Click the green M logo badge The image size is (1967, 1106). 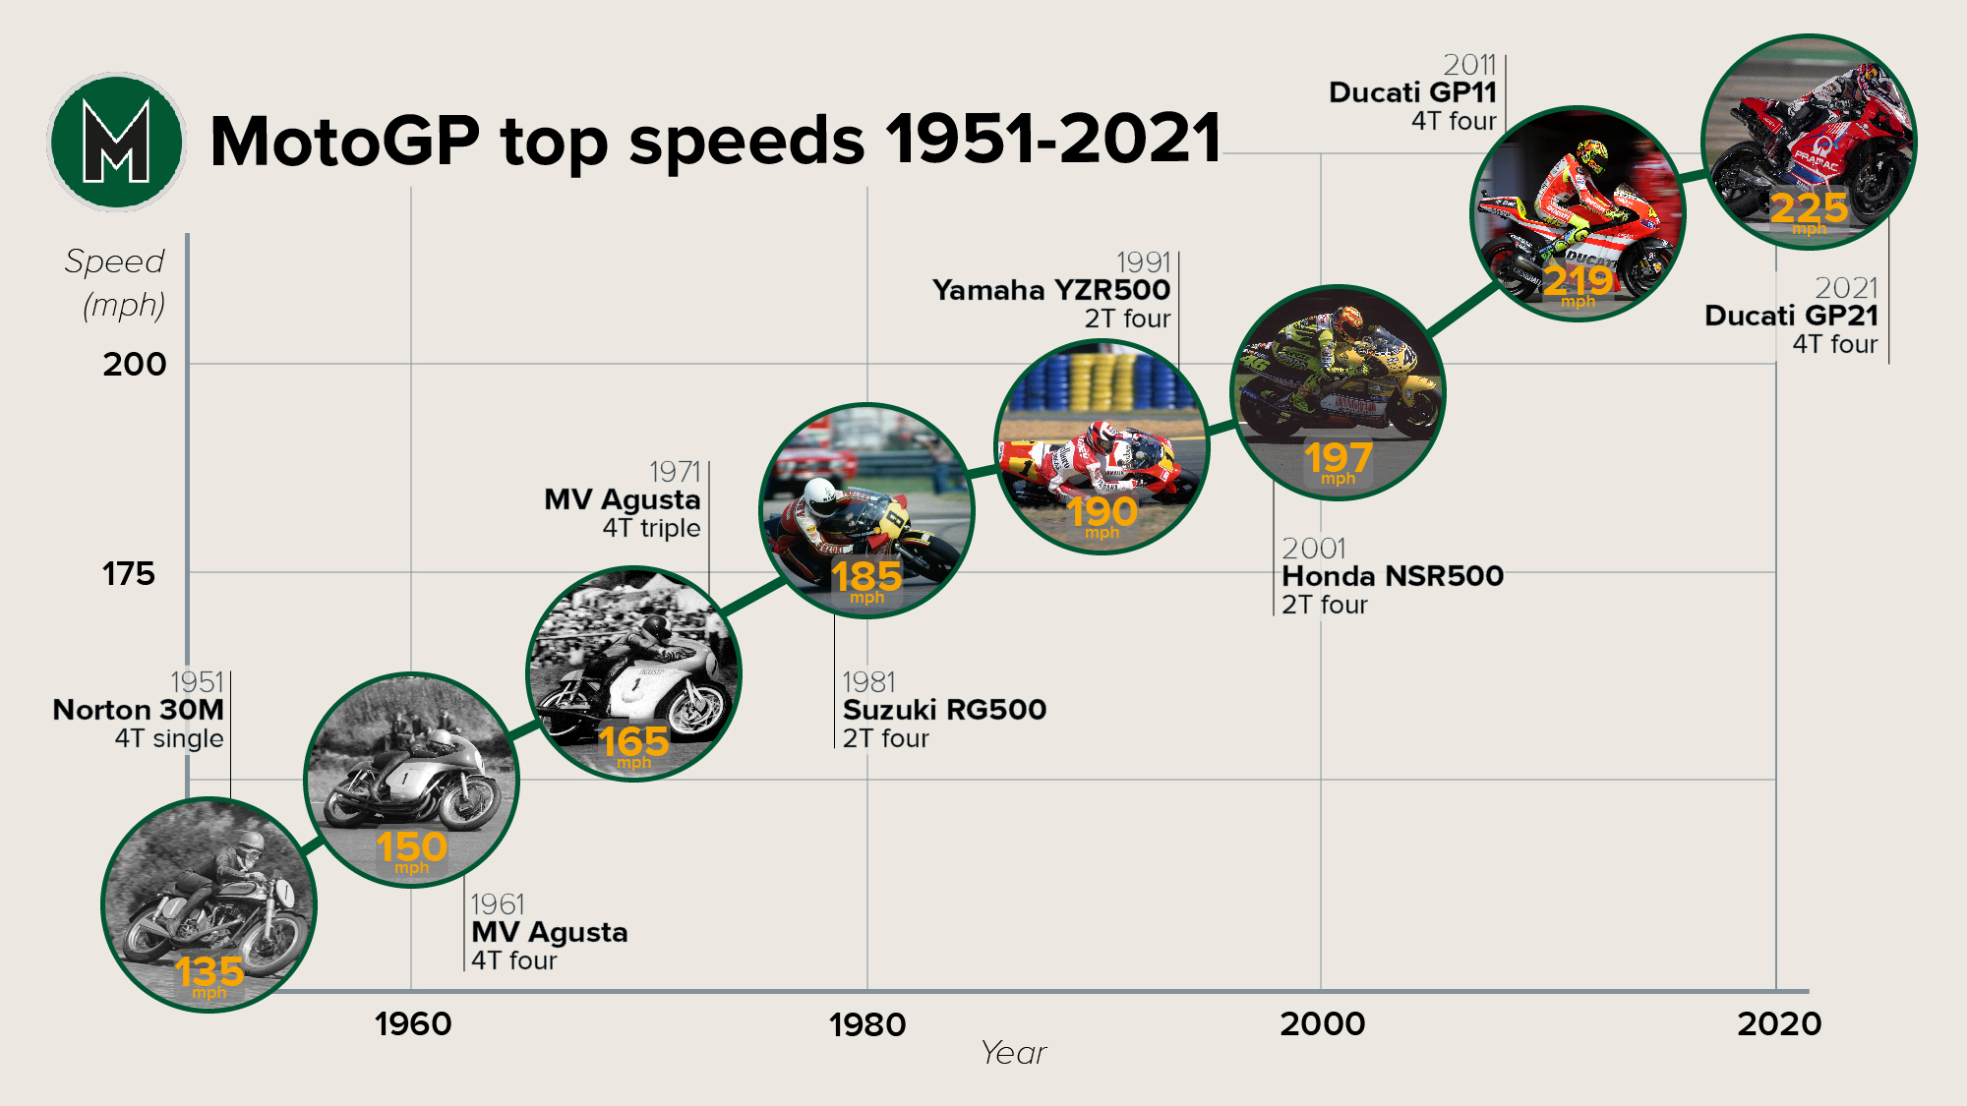[116, 142]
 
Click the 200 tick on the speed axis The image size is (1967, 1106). [135, 364]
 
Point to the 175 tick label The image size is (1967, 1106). [129, 573]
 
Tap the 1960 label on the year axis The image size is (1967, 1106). [413, 1024]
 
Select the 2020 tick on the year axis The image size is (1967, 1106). [1779, 1024]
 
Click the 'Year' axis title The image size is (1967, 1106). [1013, 1053]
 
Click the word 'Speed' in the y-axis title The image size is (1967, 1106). [114, 262]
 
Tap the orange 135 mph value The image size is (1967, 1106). [209, 973]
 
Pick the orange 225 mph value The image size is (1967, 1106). [1809, 208]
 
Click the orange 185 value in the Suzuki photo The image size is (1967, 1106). [866, 577]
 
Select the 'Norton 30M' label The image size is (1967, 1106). [139, 710]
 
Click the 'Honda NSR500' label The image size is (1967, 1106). [1393, 576]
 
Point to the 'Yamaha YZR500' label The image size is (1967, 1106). [1051, 290]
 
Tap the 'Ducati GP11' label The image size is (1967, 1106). [1412, 92]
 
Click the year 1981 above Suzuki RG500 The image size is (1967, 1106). [868, 681]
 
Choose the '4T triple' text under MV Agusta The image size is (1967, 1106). [651, 528]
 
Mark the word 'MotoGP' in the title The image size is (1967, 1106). [344, 142]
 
